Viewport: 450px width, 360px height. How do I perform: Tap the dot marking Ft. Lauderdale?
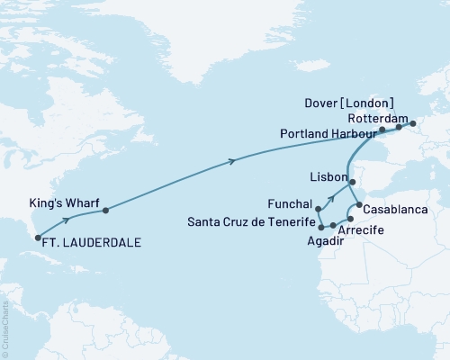[x=38, y=238]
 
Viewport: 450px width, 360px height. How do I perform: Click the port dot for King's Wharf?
[x=106, y=211]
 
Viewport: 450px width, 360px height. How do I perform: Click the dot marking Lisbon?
[x=353, y=183]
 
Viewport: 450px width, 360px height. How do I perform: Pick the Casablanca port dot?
[x=360, y=205]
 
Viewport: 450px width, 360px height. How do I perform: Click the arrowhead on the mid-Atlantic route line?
[x=234, y=161]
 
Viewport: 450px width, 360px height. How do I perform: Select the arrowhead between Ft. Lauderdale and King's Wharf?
[x=67, y=220]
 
